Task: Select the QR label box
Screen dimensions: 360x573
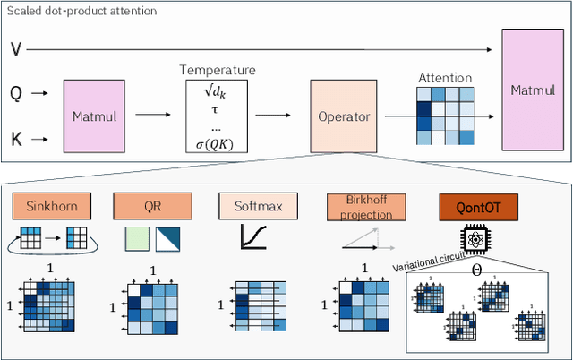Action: (151, 208)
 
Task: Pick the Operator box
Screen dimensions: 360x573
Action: (345, 116)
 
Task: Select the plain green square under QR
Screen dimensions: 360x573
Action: (137, 238)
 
